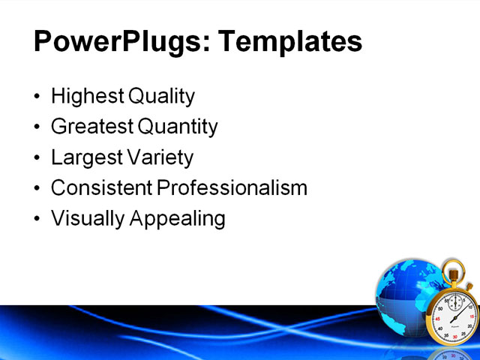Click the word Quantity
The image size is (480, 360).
click(176, 127)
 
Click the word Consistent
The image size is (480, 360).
click(101, 188)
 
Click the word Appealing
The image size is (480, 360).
click(178, 219)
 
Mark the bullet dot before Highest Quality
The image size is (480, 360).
click(38, 97)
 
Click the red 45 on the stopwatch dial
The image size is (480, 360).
click(438, 318)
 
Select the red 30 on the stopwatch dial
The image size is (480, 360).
click(454, 337)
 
